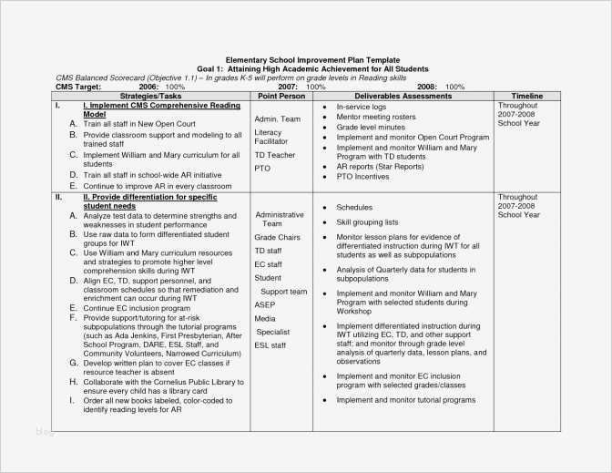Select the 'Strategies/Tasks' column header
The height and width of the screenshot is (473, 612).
click(149, 96)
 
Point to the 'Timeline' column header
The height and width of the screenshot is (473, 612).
click(526, 96)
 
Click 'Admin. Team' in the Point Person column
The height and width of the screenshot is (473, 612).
click(277, 119)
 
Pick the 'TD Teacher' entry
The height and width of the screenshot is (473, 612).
click(275, 155)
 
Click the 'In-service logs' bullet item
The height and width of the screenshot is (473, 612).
click(362, 107)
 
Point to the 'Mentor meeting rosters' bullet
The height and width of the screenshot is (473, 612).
click(377, 117)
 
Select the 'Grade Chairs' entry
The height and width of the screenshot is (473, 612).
click(277, 237)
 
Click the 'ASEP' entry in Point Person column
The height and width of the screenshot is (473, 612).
click(264, 304)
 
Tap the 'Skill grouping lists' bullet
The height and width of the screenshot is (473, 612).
click(367, 222)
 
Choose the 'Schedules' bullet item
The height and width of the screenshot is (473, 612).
click(354, 208)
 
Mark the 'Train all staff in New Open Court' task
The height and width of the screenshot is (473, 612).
click(139, 124)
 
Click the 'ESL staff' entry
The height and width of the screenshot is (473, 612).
click(270, 345)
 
